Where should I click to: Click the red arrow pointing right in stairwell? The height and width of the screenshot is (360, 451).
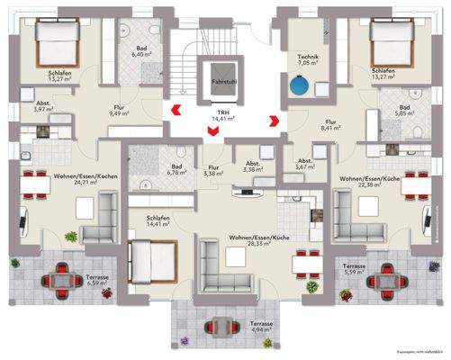coord(269,116)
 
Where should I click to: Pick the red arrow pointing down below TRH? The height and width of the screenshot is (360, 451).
coord(212,134)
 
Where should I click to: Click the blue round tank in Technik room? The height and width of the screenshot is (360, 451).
coord(298,87)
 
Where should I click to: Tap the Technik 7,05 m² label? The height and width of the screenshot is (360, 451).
coord(309,60)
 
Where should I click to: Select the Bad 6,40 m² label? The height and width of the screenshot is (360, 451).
coord(143,51)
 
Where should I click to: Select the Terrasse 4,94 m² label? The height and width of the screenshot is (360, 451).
coord(262,326)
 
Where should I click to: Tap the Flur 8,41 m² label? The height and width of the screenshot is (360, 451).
coord(331,124)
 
